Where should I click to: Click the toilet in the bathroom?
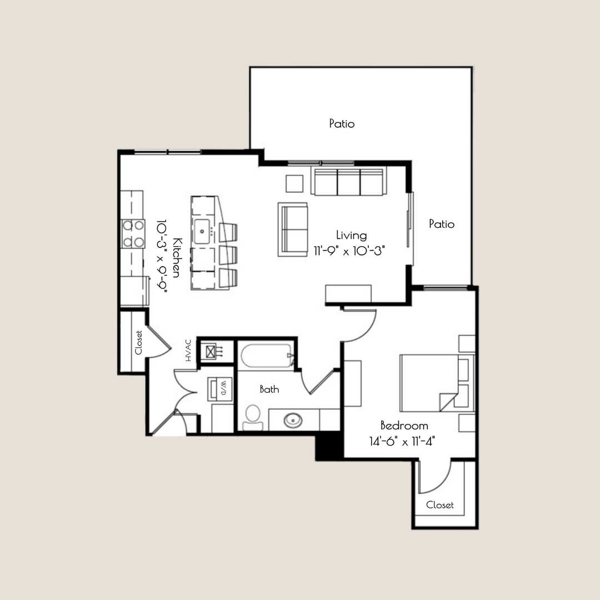(x=253, y=416)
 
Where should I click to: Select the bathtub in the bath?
(x=265, y=356)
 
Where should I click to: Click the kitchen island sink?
(x=202, y=228)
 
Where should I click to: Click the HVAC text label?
(x=188, y=351)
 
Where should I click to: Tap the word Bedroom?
(x=404, y=426)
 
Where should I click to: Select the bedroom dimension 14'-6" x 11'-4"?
(x=402, y=442)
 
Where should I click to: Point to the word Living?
(x=351, y=235)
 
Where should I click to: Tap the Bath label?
(x=269, y=389)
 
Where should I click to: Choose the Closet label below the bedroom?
(x=439, y=505)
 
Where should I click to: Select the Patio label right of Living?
(x=442, y=224)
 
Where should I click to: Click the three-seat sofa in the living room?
(x=348, y=182)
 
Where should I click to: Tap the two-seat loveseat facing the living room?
(x=293, y=229)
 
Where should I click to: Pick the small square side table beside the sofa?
(x=294, y=183)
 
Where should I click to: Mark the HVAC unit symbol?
(x=211, y=351)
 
